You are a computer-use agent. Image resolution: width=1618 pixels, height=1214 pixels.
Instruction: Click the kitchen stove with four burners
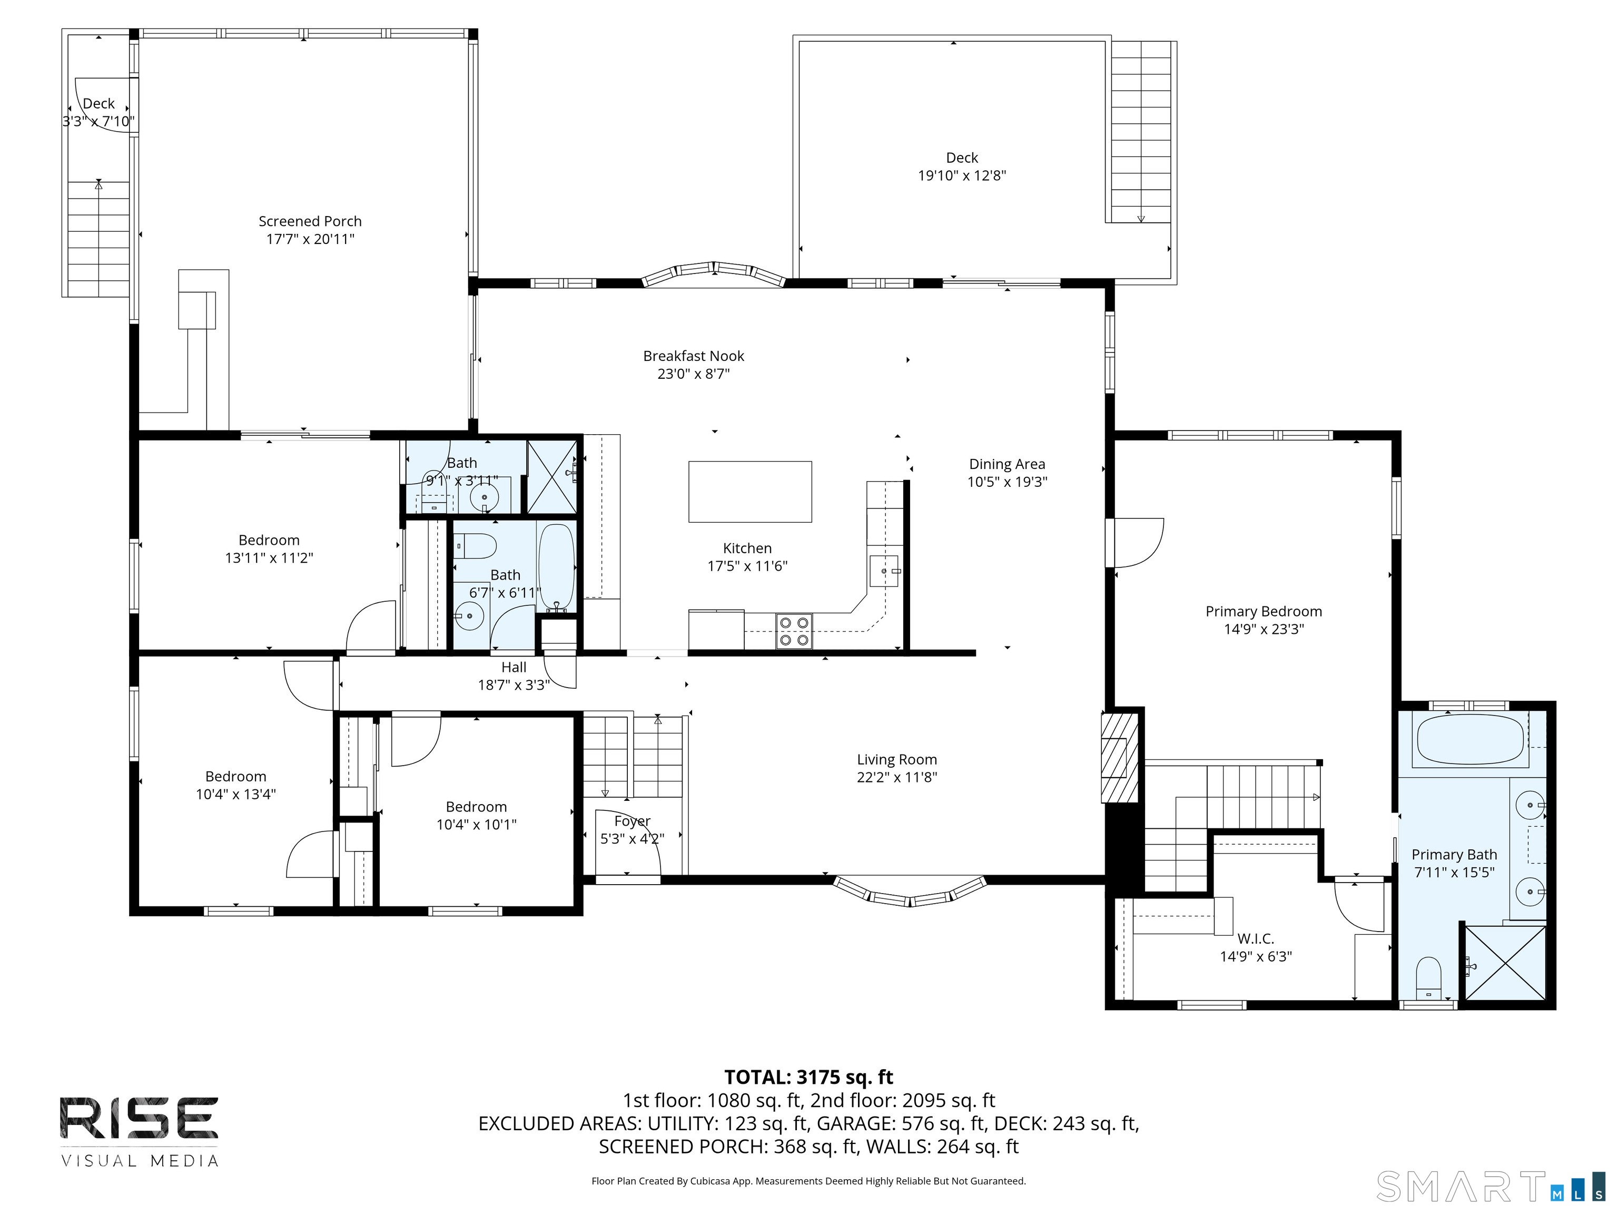[794, 631]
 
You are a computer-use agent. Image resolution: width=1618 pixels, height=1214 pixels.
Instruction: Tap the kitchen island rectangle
[750, 492]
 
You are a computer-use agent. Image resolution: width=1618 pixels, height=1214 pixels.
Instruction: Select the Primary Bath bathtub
[1470, 739]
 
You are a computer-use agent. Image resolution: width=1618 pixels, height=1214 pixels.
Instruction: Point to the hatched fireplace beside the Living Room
[1120, 758]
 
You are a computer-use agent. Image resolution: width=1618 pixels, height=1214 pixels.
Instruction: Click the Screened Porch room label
[310, 221]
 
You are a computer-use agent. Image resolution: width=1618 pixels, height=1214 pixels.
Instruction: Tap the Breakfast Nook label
[694, 356]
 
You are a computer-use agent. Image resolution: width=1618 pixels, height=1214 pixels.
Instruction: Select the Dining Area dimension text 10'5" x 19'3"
[1007, 482]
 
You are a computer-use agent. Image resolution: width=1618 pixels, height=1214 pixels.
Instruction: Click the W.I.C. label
[1256, 938]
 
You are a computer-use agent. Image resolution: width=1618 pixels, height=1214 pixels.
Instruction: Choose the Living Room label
[897, 760]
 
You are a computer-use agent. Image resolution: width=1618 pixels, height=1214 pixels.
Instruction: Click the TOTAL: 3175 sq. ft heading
[808, 1077]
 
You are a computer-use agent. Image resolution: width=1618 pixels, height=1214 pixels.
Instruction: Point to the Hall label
[514, 668]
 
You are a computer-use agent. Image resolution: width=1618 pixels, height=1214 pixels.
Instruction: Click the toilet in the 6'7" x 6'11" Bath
[476, 545]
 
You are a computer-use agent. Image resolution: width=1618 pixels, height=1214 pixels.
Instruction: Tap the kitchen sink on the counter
[884, 571]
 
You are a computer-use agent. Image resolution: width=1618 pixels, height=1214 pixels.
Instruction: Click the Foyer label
[632, 821]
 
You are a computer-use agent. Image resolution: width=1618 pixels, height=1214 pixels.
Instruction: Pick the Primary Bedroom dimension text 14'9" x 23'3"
[1264, 629]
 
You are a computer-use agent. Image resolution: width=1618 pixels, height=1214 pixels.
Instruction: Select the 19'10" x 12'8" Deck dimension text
[962, 175]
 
